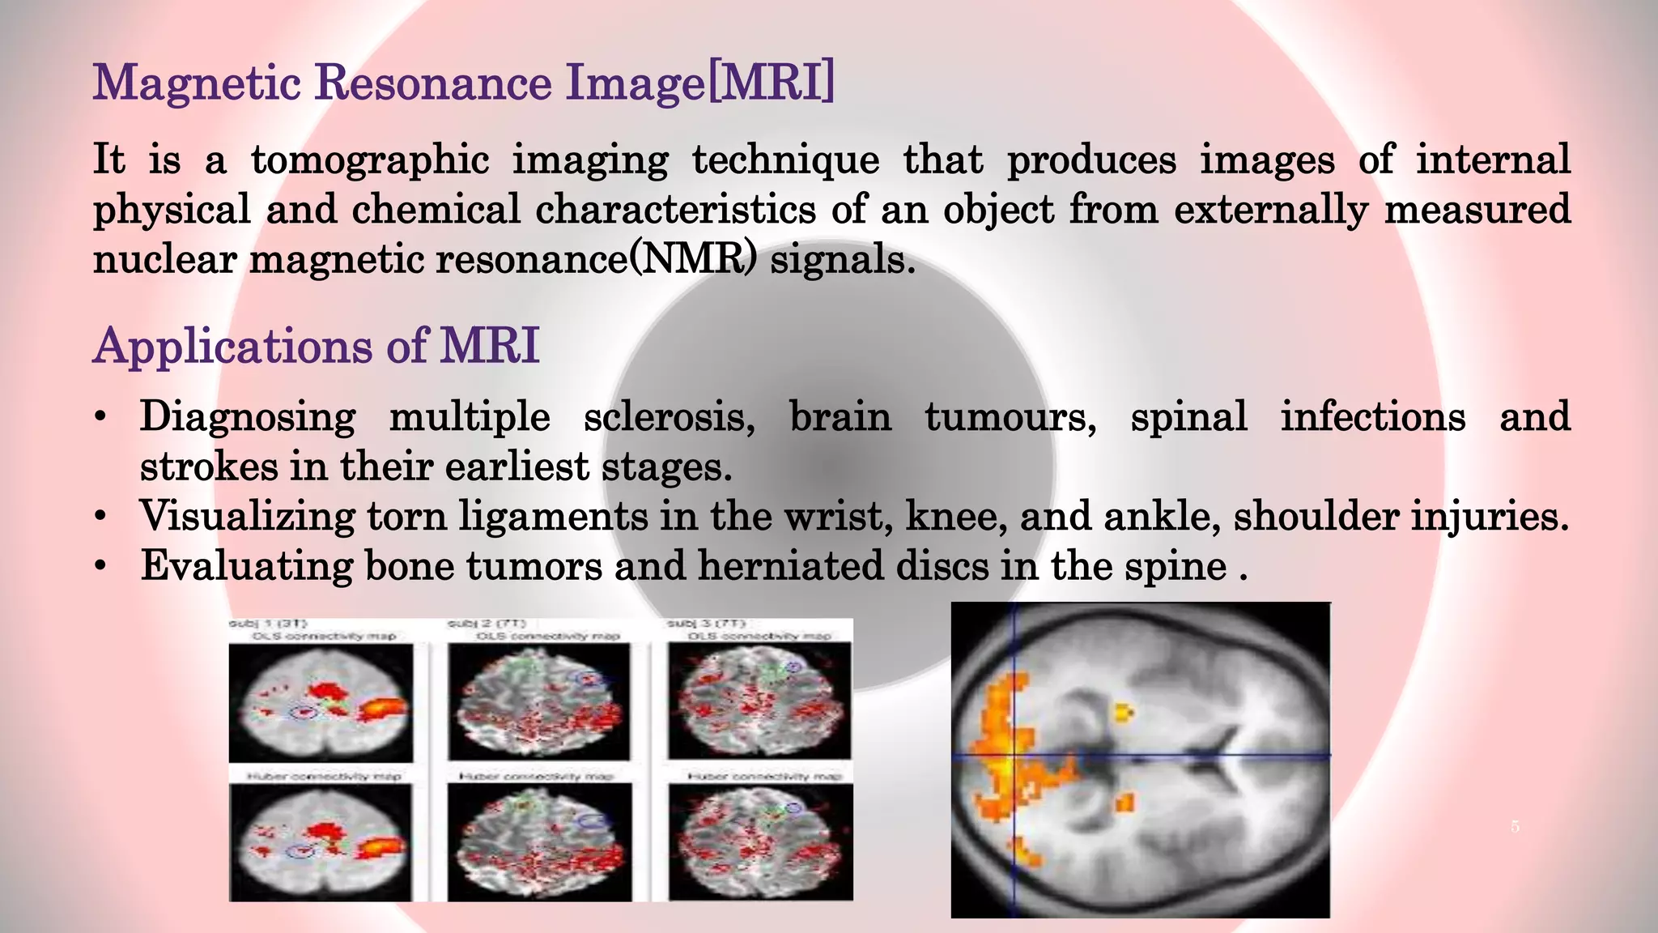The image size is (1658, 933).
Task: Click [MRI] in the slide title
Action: coord(772,83)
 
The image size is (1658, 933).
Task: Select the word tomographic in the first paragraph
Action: coord(370,160)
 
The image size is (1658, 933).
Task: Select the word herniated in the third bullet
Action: coord(790,565)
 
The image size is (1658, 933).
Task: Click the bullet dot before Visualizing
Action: coord(100,517)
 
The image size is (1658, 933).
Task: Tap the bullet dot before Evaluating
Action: coord(100,566)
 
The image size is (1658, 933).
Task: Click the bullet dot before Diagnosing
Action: coord(100,418)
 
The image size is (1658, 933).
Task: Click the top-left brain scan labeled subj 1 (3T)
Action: coord(321,702)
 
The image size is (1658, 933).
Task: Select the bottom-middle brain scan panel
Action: coord(539,842)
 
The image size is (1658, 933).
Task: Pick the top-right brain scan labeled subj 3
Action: coord(759,702)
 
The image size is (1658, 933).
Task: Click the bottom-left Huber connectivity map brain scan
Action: coord(321,842)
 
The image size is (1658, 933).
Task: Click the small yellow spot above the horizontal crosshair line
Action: coord(1123,713)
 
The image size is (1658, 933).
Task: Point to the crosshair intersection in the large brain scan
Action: coord(1014,756)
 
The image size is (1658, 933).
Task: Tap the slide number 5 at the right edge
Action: coord(1516,827)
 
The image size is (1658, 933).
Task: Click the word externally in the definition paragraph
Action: coord(1270,210)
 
